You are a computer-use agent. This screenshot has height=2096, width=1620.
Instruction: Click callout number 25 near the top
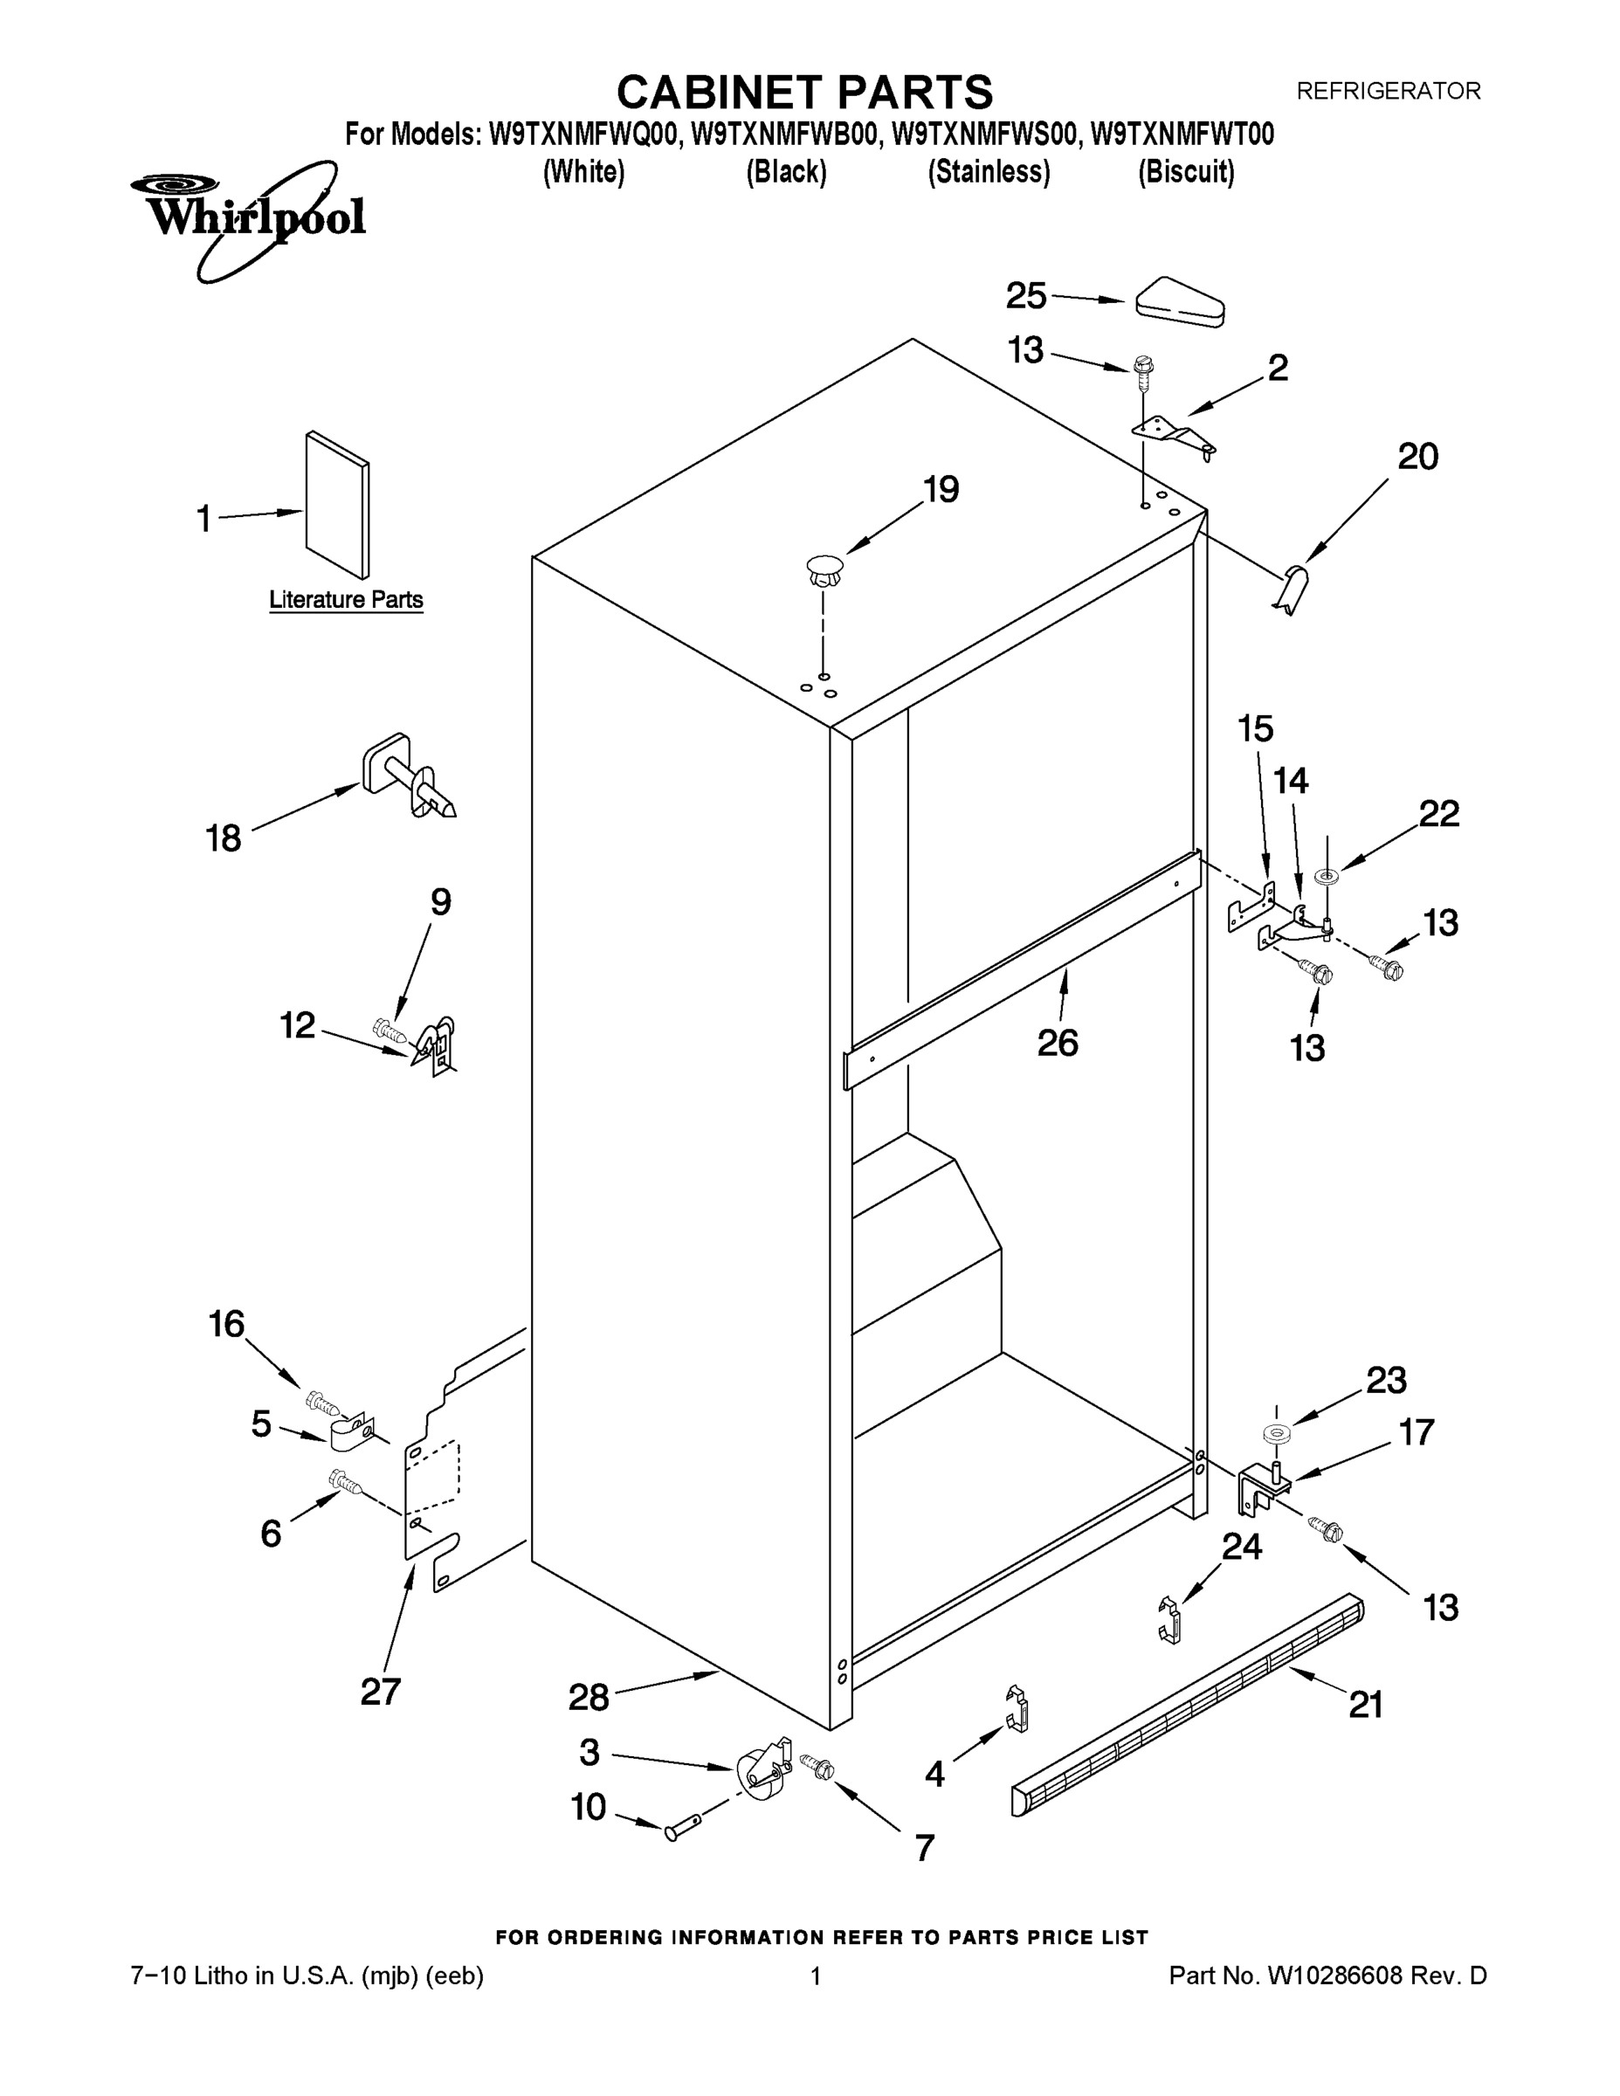(x=1025, y=295)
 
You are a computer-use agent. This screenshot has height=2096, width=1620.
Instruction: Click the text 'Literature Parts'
(x=346, y=600)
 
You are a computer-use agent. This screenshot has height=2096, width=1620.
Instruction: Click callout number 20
(x=1417, y=457)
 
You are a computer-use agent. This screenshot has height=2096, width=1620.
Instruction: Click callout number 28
(x=589, y=1698)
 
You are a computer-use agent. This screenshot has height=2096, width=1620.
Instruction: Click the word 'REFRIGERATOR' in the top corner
(x=1388, y=91)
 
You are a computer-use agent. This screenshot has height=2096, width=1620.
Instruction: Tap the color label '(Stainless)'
(x=988, y=173)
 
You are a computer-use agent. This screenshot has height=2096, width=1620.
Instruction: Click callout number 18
(x=223, y=838)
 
